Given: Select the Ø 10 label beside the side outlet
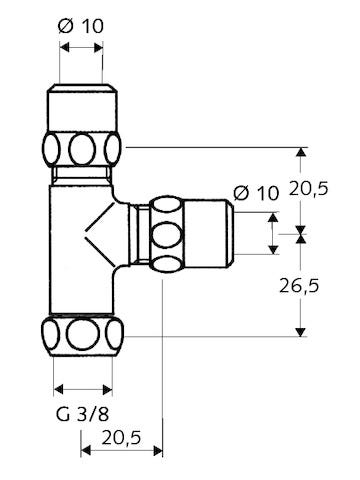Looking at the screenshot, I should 257,192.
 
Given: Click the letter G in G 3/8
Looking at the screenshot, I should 59,412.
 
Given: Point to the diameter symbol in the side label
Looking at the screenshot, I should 241,192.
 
